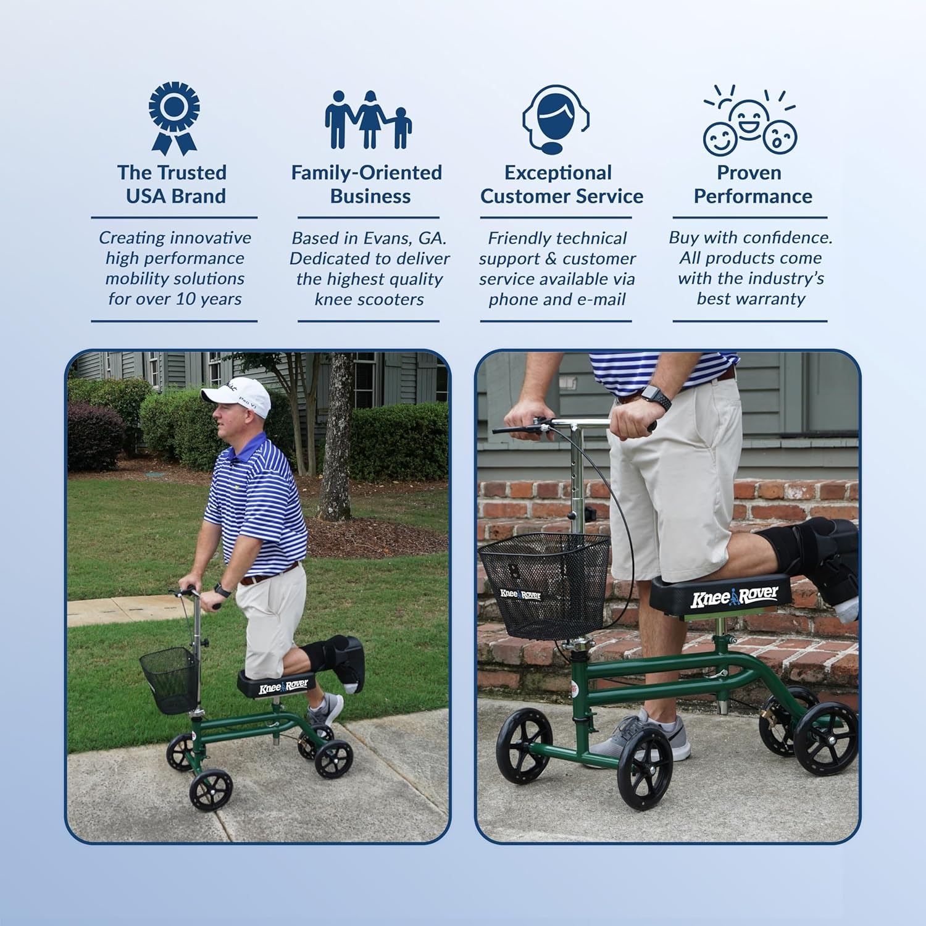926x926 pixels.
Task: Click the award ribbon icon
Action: [x=174, y=118]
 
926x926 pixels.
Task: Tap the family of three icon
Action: [x=369, y=120]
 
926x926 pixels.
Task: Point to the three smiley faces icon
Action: [x=749, y=121]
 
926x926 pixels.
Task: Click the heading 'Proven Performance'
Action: [x=752, y=184]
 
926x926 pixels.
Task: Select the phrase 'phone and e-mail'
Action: [x=557, y=299]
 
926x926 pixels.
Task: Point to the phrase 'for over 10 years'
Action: [x=175, y=299]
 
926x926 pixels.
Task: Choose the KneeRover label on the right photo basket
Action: [x=520, y=594]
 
